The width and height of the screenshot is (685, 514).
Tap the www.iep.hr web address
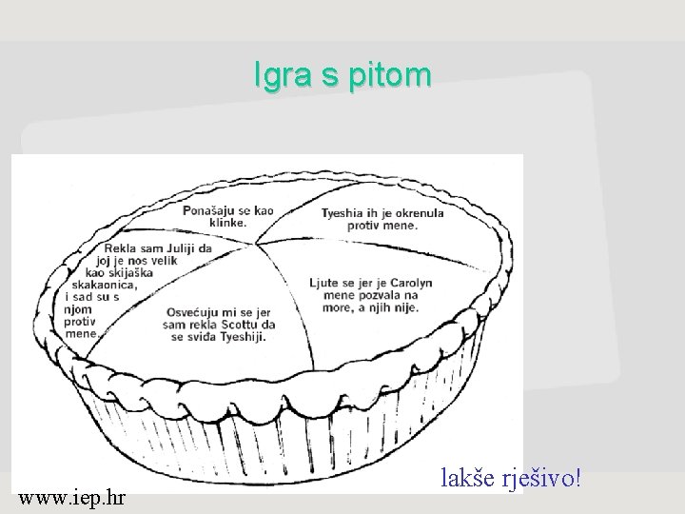click(75, 497)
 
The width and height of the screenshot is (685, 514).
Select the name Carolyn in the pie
click(410, 283)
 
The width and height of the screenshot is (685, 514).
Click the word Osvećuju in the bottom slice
click(193, 311)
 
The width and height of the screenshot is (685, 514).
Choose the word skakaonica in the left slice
click(107, 285)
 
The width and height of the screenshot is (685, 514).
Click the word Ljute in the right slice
click(324, 283)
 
